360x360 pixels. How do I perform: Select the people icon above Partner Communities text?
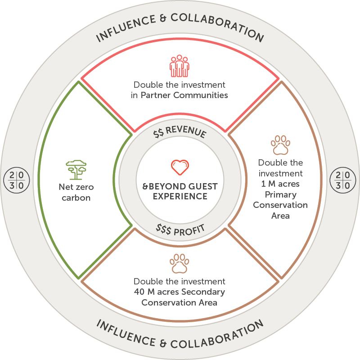[179, 66]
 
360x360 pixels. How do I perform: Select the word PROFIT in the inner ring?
[189, 229]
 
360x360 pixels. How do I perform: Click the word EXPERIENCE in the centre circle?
[180, 196]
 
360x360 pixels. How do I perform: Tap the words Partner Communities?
[184, 95]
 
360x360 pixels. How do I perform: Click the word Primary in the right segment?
[280, 195]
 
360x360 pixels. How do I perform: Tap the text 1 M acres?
[280, 184]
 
